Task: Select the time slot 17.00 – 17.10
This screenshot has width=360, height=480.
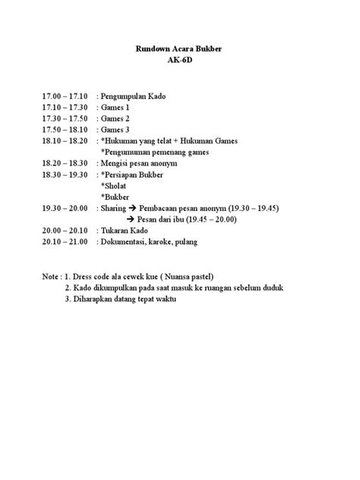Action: (x=65, y=97)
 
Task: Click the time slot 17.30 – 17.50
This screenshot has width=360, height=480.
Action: (x=65, y=119)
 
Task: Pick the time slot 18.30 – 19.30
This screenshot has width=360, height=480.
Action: (x=65, y=174)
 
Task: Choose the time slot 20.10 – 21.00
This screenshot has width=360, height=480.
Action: (x=65, y=241)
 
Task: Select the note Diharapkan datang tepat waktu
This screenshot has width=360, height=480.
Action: (x=125, y=298)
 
